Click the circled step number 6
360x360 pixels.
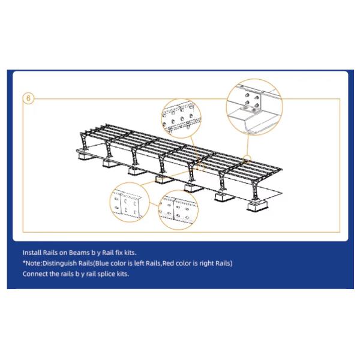click(x=28, y=98)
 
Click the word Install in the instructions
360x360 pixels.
click(x=32, y=253)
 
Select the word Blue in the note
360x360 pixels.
click(x=102, y=263)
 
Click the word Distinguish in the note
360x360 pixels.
click(x=59, y=263)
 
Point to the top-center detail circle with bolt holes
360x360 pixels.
click(x=181, y=100)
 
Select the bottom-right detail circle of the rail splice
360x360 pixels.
click(x=178, y=191)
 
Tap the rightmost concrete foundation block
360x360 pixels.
click(x=257, y=205)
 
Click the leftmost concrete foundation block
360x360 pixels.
click(x=83, y=156)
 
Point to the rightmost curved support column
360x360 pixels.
click(x=255, y=189)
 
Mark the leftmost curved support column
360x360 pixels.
click(x=83, y=142)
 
